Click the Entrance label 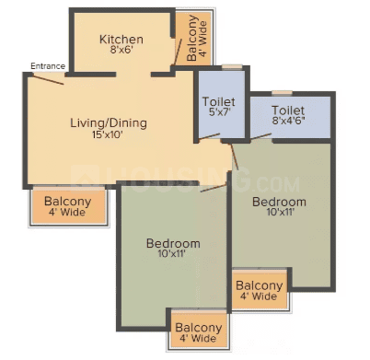coord(48,66)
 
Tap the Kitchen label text coord(121,40)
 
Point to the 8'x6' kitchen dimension coord(121,50)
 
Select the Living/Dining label coord(109,123)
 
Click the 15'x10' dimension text coord(108,134)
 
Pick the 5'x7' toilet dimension coord(219,111)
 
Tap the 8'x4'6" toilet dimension coord(288,121)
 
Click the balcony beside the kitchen coord(193,38)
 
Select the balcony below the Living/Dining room coord(69,205)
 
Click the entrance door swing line coord(48,79)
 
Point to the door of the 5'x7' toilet coord(209,137)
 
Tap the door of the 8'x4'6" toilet coord(260,136)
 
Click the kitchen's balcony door coord(178,52)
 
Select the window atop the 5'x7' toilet coord(232,66)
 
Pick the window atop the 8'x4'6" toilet coord(282,93)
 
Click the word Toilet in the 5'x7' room coord(219,101)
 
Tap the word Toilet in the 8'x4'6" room coord(288,110)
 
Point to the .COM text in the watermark coord(277,184)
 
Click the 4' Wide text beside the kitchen coord(202,39)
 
